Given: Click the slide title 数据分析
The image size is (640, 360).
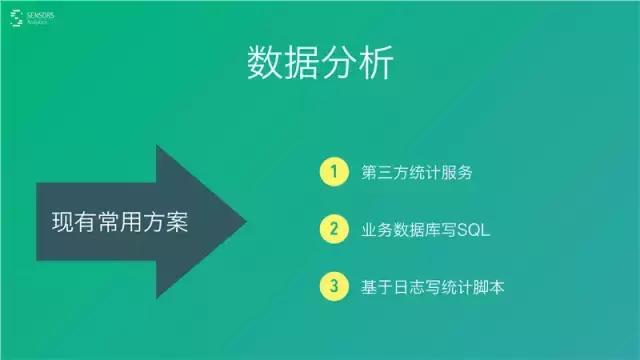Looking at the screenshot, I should [x=320, y=63].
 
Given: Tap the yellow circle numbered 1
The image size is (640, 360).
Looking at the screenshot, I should [x=333, y=171].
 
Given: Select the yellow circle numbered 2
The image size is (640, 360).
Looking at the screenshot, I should [x=333, y=229].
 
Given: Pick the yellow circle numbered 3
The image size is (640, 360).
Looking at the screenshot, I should [x=333, y=287].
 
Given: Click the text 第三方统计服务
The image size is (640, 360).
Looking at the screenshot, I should [x=416, y=172].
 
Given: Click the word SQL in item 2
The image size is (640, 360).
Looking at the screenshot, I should [x=470, y=230].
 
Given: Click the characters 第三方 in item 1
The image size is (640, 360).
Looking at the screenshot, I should [x=381, y=172].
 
